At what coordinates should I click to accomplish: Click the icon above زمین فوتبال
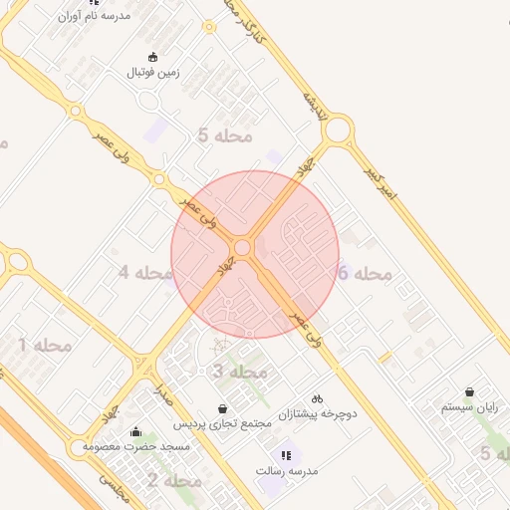(x=152, y=57)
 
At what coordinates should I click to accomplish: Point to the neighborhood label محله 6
(x=365, y=273)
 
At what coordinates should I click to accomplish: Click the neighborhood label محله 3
(x=240, y=372)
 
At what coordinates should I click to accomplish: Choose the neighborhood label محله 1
(x=45, y=346)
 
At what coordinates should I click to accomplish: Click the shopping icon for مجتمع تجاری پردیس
(x=222, y=408)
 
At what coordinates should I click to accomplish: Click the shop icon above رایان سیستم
(x=469, y=392)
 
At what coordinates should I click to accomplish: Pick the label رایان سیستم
(x=469, y=407)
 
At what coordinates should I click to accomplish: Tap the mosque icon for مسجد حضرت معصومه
(x=135, y=430)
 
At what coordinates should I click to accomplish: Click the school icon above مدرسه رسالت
(x=287, y=454)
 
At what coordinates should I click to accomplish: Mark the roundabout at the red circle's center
(x=243, y=247)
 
